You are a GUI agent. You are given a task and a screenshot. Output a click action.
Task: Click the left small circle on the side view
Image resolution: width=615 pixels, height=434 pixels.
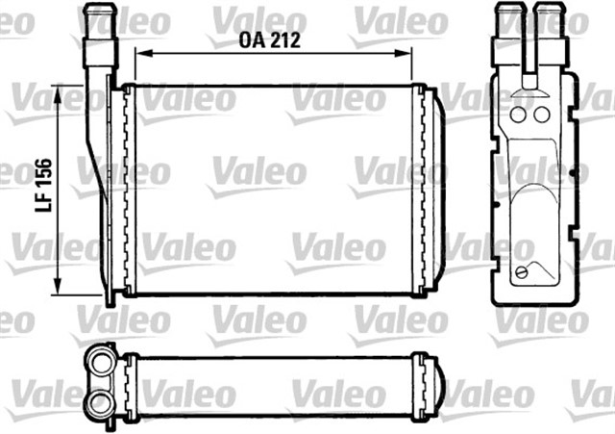pos(520,115)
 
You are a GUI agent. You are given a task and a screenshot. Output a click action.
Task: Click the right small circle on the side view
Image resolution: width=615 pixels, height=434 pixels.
pos(541,115)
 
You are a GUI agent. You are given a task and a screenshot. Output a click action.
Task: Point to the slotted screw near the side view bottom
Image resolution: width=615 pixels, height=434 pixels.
pos(522,273)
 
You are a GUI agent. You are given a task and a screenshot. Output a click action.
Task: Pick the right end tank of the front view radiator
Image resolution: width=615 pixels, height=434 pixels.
pos(429,191)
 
